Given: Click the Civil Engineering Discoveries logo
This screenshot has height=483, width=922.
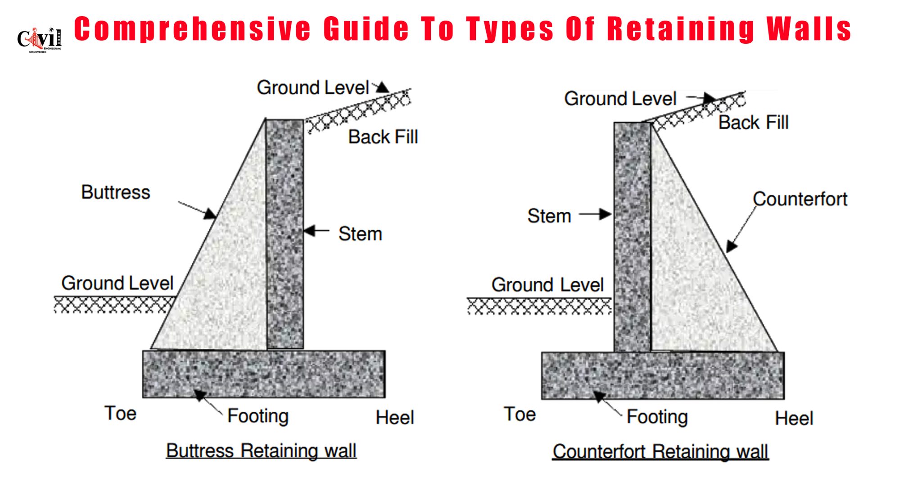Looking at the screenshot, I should pyautogui.click(x=39, y=40).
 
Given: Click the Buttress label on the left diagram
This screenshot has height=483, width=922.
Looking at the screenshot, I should pyautogui.click(x=116, y=192).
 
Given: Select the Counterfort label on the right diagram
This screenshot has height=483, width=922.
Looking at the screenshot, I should pyautogui.click(x=800, y=199).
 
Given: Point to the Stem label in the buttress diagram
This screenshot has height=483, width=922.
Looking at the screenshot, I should pyautogui.click(x=360, y=234).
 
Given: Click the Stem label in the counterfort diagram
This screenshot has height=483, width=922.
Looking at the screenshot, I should pyautogui.click(x=549, y=216).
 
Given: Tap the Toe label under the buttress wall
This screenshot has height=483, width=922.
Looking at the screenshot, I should pyautogui.click(x=120, y=413).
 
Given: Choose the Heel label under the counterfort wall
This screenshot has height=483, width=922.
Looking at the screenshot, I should pyautogui.click(x=794, y=419).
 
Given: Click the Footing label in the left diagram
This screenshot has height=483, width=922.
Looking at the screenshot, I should pyautogui.click(x=258, y=416).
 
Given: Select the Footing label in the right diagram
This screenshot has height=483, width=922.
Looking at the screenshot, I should pyautogui.click(x=657, y=417).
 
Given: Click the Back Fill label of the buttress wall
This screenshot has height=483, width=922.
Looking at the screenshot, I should pyautogui.click(x=383, y=137).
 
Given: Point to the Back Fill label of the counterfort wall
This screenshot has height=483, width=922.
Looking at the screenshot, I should pyautogui.click(x=753, y=123).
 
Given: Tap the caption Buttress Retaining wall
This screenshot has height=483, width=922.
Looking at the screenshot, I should pyautogui.click(x=261, y=451).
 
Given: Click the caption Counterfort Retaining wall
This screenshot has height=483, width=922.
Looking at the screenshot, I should pyautogui.click(x=660, y=451).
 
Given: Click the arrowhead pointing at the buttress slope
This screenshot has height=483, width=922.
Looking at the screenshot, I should pyautogui.click(x=210, y=214).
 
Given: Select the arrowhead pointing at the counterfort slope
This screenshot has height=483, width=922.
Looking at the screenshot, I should pyautogui.click(x=731, y=246).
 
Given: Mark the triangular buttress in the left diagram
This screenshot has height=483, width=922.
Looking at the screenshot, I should pyautogui.click(x=225, y=279).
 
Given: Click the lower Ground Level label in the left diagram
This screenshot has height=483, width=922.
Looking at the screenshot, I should pyautogui.click(x=117, y=283).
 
